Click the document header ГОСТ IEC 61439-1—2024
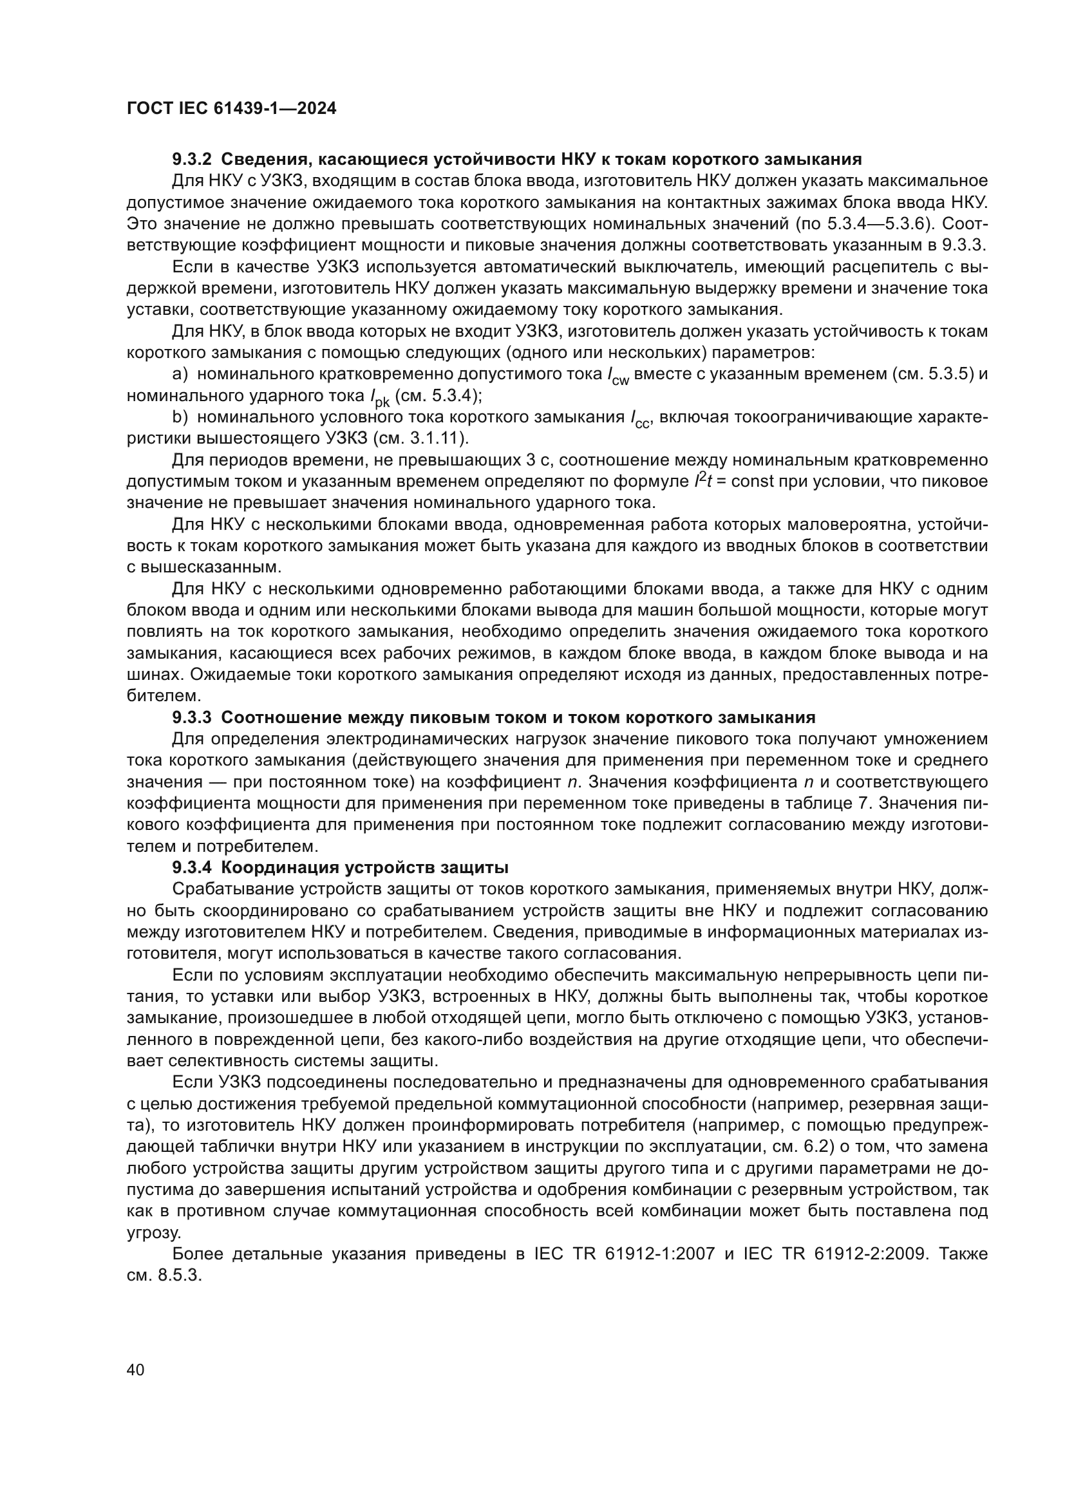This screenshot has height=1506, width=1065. coord(232,109)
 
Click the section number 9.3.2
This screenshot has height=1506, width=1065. coord(191,160)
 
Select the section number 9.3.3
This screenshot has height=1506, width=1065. coord(191,717)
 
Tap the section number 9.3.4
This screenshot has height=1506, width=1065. coord(191,868)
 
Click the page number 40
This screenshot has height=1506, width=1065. coord(135,1370)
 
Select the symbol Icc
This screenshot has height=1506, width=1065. coord(639,420)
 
